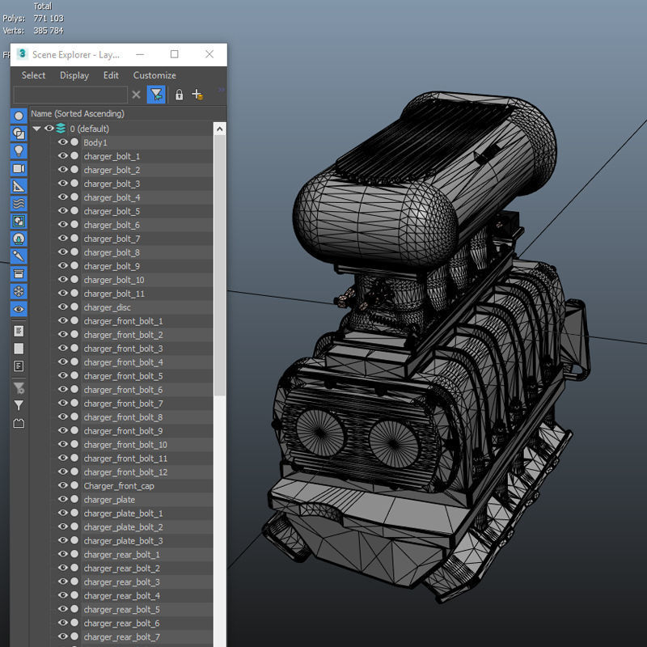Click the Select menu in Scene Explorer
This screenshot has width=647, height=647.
[x=33, y=75]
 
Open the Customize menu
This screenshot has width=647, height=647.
[x=154, y=75]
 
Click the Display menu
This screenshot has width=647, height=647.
[x=74, y=75]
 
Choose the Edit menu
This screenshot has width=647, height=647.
[x=111, y=75]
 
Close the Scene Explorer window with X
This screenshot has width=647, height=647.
[x=209, y=54]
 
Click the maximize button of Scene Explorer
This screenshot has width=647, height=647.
[x=174, y=54]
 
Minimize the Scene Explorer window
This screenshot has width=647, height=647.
[x=139, y=54]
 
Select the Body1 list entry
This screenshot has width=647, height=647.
[x=95, y=142]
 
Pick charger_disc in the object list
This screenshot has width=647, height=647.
[x=107, y=307]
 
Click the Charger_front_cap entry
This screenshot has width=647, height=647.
[x=118, y=486]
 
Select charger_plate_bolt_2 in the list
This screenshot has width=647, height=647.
[x=123, y=527]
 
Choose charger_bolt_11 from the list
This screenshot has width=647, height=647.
[x=114, y=294]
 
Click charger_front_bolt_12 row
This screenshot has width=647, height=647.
[x=125, y=472]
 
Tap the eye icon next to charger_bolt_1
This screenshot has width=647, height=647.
[x=63, y=156]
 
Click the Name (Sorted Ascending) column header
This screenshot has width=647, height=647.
[x=78, y=114]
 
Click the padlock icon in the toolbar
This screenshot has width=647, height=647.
[x=179, y=95]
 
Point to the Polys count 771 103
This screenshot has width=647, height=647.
[x=48, y=18]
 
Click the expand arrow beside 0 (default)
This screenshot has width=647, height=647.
[x=36, y=129]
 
